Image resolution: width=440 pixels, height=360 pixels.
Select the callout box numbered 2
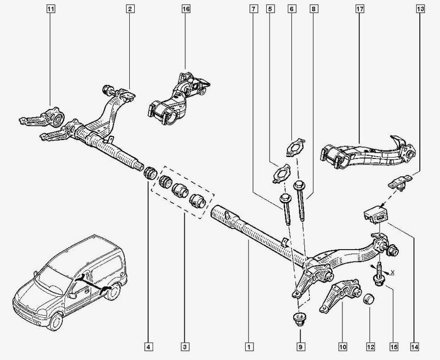tap(130, 9)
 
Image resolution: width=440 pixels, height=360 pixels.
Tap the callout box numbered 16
tap(186, 9)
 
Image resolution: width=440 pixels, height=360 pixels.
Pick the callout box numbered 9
tap(300, 348)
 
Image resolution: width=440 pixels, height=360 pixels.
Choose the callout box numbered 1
tap(248, 348)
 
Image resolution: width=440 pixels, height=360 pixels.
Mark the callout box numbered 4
tap(148, 348)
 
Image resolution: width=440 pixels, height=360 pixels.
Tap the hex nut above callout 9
tap(299, 318)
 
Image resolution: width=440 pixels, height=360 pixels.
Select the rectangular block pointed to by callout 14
tap(376, 213)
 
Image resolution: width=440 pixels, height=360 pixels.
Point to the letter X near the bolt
tap(392, 273)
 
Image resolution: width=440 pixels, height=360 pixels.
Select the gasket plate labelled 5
tap(280, 174)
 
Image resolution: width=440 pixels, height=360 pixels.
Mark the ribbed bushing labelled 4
tap(149, 173)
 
